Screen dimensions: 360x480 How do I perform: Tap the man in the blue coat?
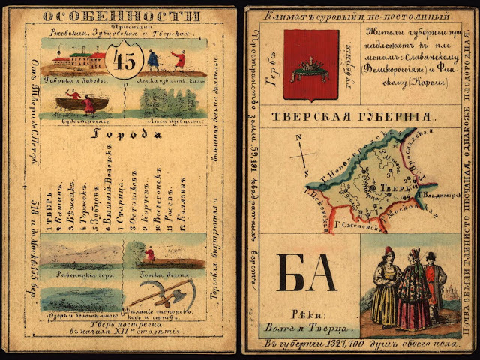[x=152, y=60]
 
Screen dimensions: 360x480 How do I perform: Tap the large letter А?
[x=322, y=273]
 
